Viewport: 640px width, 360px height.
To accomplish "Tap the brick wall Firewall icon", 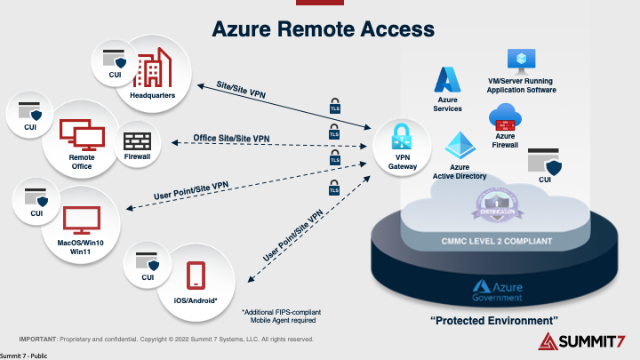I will [137, 141].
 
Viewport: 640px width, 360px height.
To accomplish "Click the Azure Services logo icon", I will [447, 80].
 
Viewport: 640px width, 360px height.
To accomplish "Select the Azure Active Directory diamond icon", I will [460, 146].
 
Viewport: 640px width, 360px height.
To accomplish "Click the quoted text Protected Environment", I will [493, 318].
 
